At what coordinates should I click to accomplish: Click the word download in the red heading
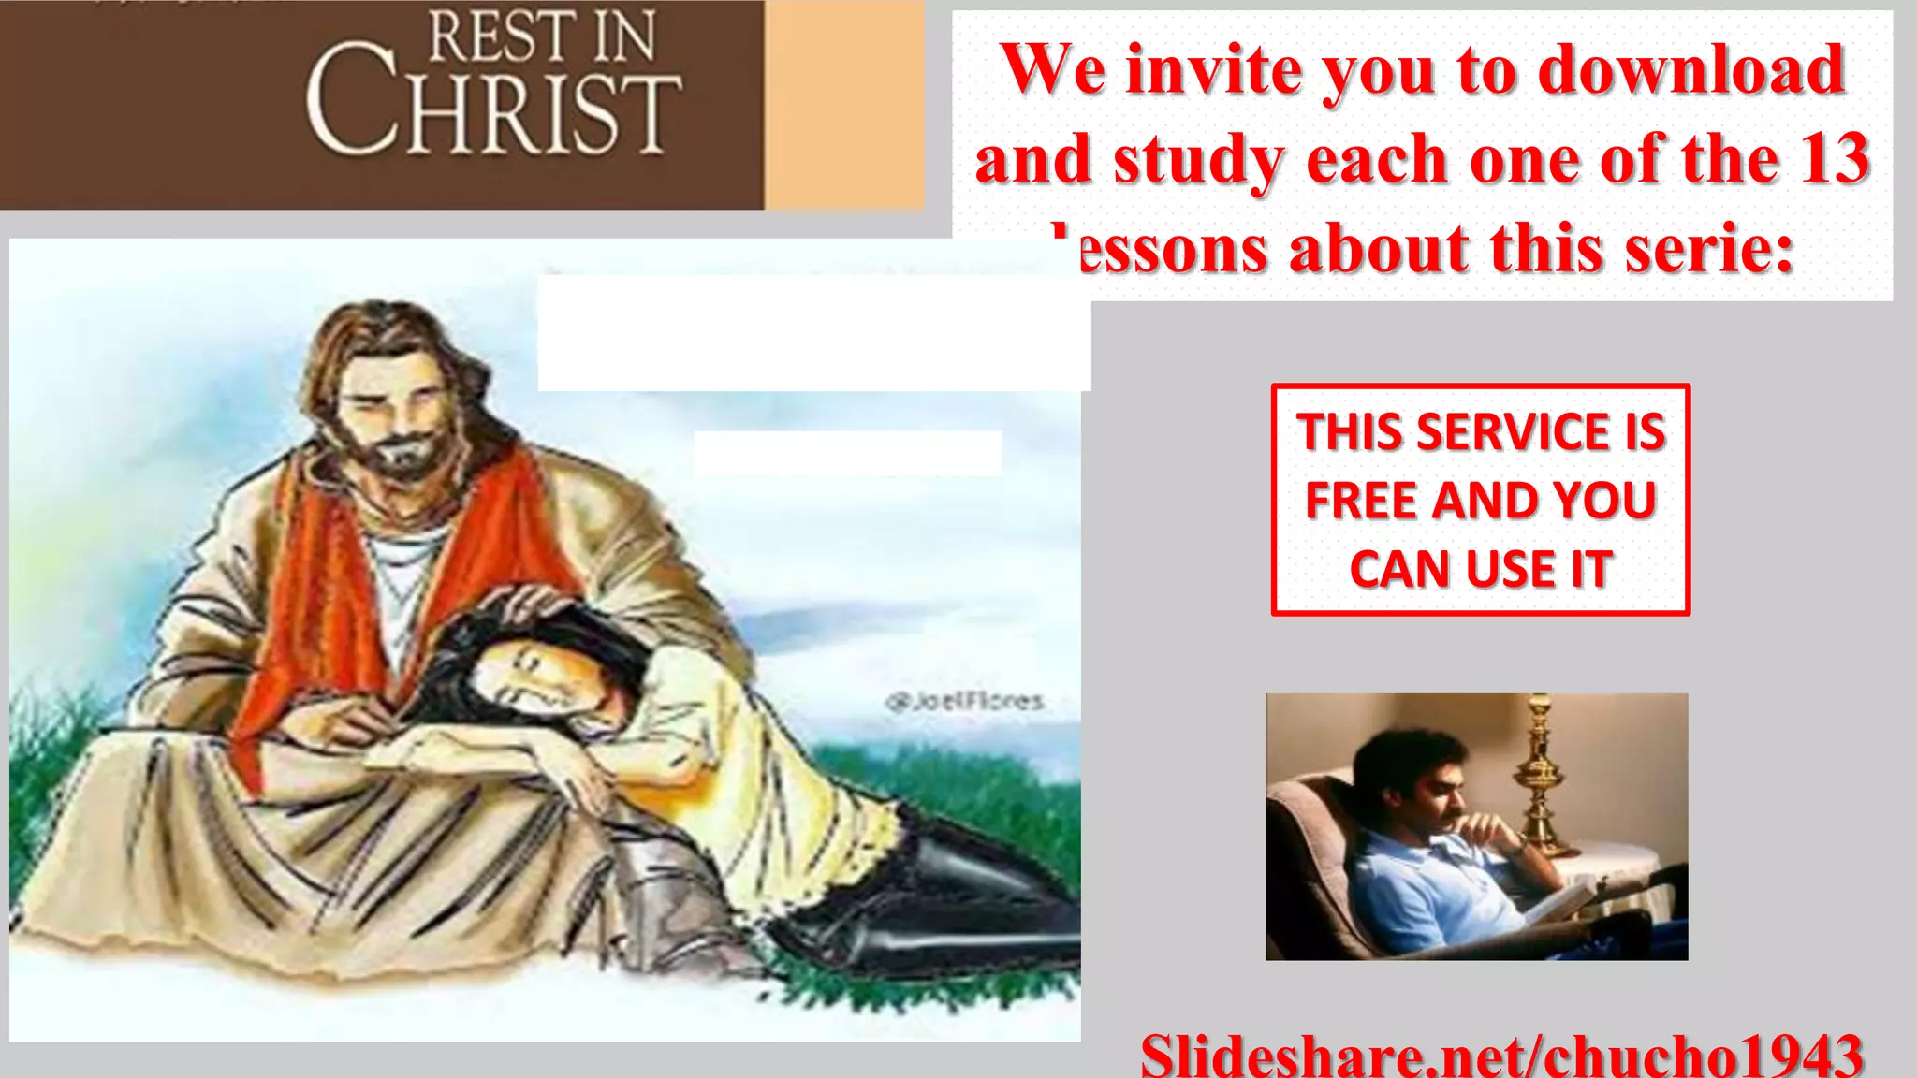(x=1691, y=70)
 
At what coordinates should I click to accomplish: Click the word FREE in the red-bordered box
(x=1363, y=501)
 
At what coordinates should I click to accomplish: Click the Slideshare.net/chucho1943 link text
(x=1501, y=1056)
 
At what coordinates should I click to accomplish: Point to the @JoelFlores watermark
(x=963, y=701)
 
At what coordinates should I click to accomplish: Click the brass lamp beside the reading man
(x=1540, y=777)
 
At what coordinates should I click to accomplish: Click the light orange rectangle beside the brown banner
(x=843, y=103)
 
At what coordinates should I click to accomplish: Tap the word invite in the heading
(x=1212, y=70)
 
